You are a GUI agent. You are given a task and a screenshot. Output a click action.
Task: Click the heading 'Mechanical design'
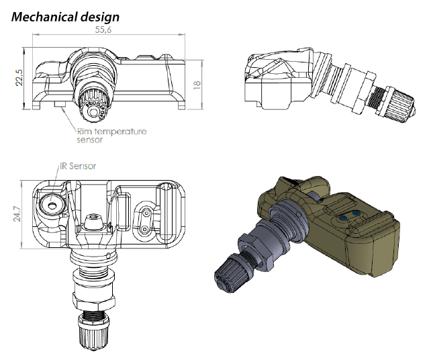pos(65,17)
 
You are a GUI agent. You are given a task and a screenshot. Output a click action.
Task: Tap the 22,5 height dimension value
pos(19,78)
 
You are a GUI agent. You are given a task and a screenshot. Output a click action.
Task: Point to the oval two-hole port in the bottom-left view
pos(144,220)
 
